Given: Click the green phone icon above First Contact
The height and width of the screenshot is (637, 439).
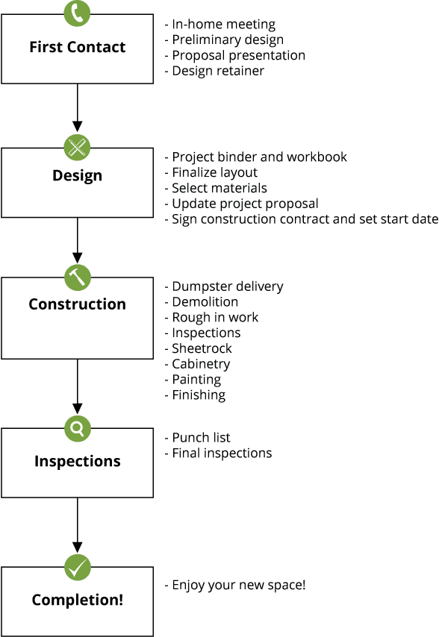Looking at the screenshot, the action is [x=77, y=13].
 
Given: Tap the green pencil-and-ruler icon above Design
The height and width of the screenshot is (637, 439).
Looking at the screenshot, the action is [x=77, y=147].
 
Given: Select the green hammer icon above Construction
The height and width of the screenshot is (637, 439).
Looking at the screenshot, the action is [x=77, y=277].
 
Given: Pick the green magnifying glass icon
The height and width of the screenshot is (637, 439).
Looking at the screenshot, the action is [x=77, y=428].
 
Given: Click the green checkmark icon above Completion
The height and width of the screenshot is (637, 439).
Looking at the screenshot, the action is [x=77, y=567].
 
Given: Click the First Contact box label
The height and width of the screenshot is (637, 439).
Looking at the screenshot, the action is [x=77, y=47].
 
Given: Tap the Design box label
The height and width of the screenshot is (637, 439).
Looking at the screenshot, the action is [x=77, y=176].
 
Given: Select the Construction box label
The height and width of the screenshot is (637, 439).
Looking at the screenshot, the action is [x=77, y=304].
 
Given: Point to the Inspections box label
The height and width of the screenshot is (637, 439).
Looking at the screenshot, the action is [x=77, y=462].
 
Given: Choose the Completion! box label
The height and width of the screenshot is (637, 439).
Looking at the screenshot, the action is [x=77, y=600].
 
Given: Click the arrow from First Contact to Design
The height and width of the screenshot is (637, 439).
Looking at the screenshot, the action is [x=77, y=107].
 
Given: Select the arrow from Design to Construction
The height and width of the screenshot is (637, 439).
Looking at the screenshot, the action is [x=77, y=240].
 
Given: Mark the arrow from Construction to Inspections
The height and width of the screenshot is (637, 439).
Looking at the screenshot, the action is [x=77, y=386].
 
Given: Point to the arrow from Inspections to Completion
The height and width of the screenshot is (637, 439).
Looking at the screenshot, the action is [x=77, y=525].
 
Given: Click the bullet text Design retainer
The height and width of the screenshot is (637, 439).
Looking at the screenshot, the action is [x=218, y=71].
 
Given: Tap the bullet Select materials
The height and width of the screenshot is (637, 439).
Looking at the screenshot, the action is [x=219, y=188].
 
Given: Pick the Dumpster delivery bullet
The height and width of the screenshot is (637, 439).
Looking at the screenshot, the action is [x=228, y=287].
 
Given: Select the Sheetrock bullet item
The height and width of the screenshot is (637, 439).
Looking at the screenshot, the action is [x=202, y=348].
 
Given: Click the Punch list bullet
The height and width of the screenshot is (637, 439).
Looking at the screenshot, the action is [x=202, y=438].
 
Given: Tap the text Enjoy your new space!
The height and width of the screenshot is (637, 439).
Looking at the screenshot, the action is [x=239, y=586].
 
